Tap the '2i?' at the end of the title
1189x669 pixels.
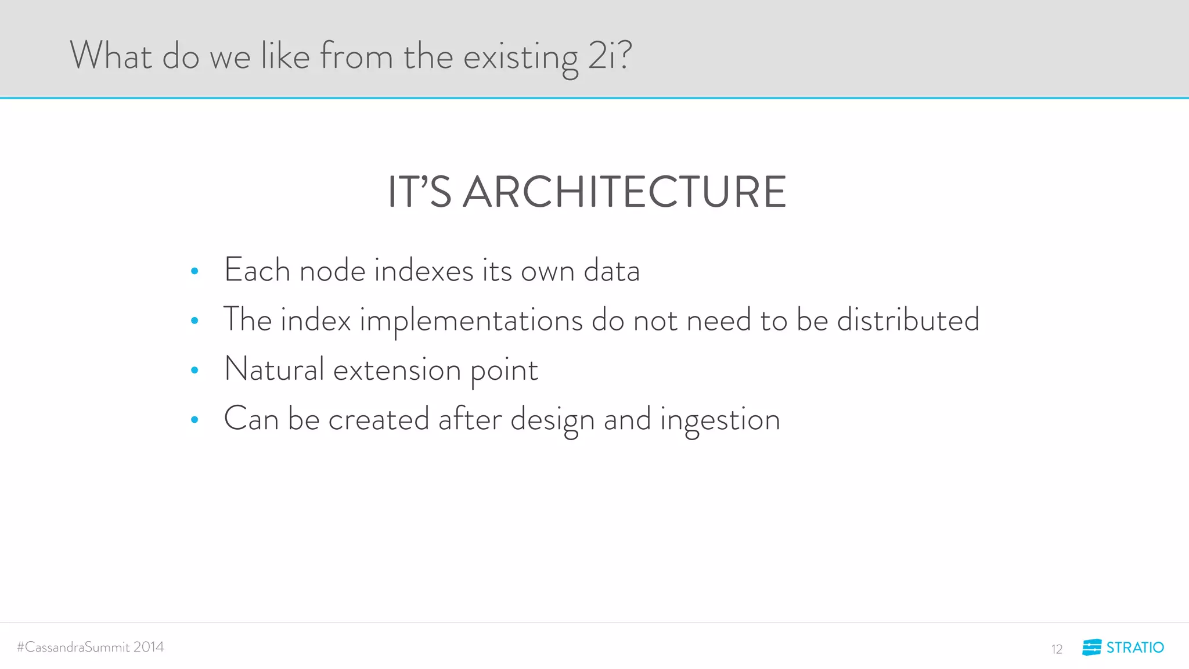point(609,56)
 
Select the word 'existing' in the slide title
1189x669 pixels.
point(521,57)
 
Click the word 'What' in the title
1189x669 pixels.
point(111,56)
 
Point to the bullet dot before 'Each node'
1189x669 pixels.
point(194,271)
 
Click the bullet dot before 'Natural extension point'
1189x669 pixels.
point(194,370)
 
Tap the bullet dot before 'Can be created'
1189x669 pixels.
point(194,419)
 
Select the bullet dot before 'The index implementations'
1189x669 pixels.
point(194,321)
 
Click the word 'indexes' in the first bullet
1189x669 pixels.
point(424,271)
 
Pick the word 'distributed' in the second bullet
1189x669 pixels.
point(908,320)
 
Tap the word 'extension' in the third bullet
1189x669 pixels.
point(397,371)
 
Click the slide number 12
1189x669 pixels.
point(1057,649)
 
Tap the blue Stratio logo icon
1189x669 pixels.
point(1091,647)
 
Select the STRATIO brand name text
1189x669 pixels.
point(1135,648)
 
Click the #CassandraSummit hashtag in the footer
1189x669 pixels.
point(73,647)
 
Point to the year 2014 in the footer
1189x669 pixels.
point(149,647)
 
